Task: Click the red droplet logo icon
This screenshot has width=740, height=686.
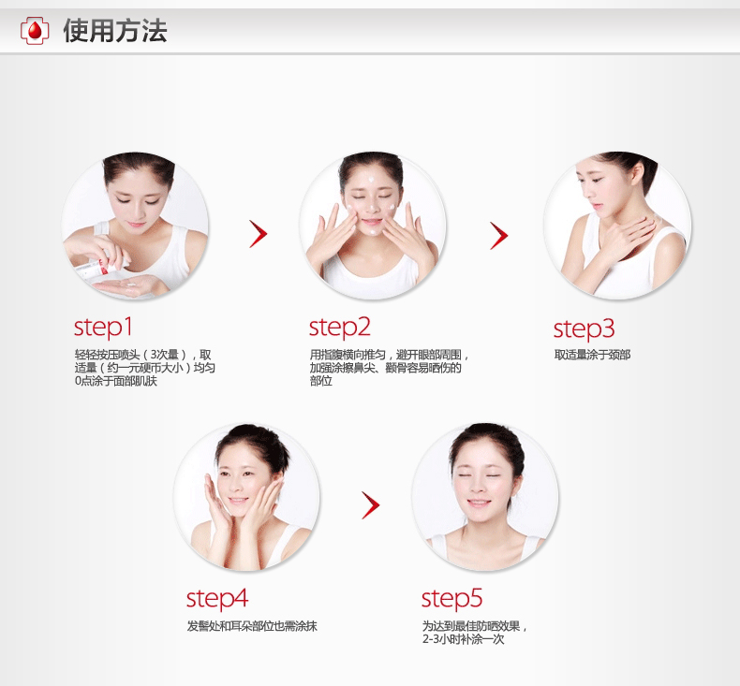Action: (35, 31)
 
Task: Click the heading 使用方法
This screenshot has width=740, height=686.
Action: (115, 31)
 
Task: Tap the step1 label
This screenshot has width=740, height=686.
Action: (103, 328)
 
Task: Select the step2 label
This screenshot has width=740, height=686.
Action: (340, 328)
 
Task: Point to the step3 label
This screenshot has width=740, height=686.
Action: (584, 328)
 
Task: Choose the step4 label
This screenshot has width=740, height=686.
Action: (217, 599)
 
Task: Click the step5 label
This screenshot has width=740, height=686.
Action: (451, 599)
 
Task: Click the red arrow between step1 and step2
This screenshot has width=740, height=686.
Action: (259, 234)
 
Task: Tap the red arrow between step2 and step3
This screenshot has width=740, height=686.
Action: (499, 235)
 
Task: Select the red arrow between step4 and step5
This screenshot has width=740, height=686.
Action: (371, 505)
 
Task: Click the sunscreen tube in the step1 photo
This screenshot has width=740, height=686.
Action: (96, 267)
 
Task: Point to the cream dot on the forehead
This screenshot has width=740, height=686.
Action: (371, 180)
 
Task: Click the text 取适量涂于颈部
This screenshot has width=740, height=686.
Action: (592, 355)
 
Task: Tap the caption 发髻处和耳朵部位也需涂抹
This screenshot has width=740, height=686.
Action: (252, 626)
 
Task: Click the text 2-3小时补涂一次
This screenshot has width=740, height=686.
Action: (464, 639)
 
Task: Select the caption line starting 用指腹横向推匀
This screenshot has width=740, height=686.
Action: (391, 355)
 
